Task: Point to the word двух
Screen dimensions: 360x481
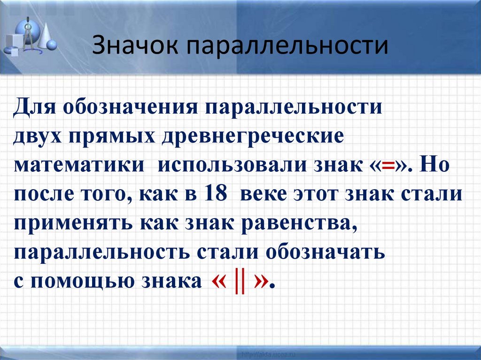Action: click(38, 136)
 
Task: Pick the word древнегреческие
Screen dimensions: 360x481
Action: click(254, 136)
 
